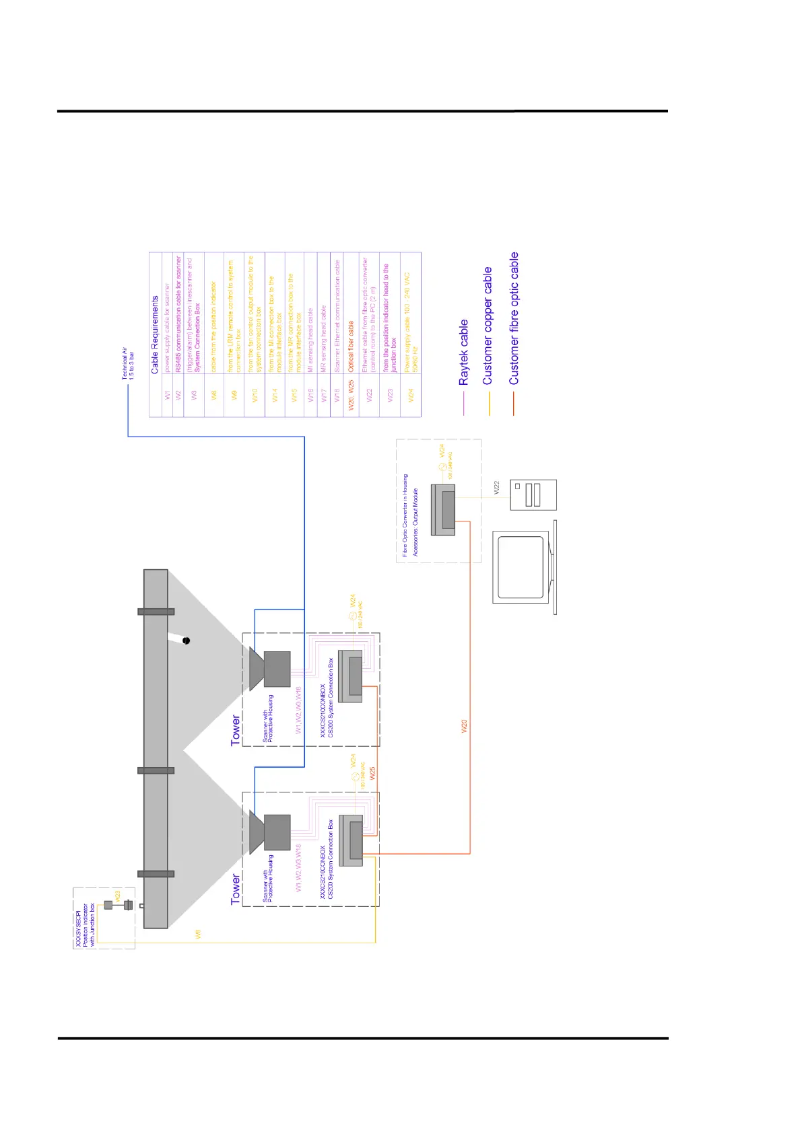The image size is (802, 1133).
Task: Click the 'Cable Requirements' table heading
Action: pyautogui.click(x=155, y=335)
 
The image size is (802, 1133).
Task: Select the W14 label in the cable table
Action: pyautogui.click(x=275, y=395)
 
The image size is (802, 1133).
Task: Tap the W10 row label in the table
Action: pyautogui.click(x=255, y=395)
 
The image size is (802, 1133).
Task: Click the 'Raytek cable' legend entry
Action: pyautogui.click(x=463, y=353)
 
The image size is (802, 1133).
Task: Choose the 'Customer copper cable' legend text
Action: pyautogui.click(x=488, y=326)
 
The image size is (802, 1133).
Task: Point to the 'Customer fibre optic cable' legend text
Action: pyautogui.click(x=514, y=318)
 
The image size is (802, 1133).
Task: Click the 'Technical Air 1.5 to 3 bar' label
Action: pyautogui.click(x=127, y=363)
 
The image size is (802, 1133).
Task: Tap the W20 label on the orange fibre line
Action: pyautogui.click(x=464, y=726)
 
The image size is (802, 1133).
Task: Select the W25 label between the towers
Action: pyautogui.click(x=372, y=773)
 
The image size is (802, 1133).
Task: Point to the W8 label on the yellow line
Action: pyautogui.click(x=198, y=934)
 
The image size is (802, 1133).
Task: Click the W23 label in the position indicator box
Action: pyautogui.click(x=117, y=896)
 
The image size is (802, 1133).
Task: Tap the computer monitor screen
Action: pyautogui.click(x=520, y=567)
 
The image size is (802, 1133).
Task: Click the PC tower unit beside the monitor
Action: pyautogui.click(x=533, y=495)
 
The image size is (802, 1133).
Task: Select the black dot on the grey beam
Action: pyautogui.click(x=187, y=641)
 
